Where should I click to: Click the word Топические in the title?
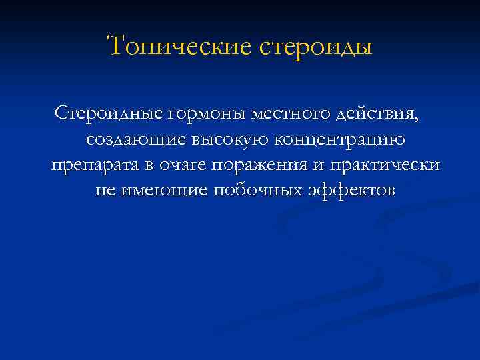click(x=175, y=47)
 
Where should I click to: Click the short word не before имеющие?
click(x=105, y=191)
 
